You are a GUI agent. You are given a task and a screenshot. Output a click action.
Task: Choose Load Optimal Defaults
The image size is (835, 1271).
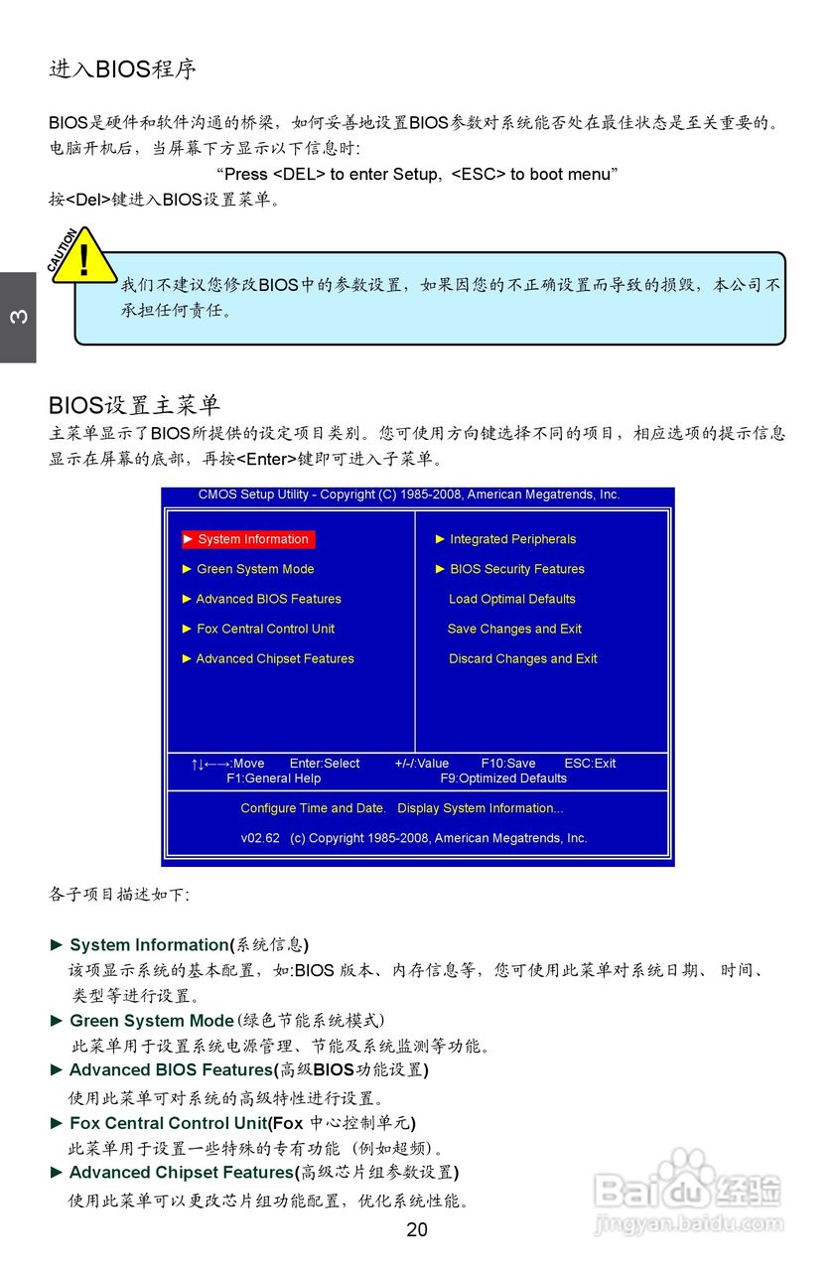tap(511, 599)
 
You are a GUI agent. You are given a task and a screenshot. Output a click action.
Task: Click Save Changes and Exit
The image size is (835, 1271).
tap(514, 629)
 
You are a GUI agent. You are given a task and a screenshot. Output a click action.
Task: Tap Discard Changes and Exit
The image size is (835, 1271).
tap(522, 658)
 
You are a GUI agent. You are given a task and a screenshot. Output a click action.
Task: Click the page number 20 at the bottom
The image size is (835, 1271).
tap(417, 1229)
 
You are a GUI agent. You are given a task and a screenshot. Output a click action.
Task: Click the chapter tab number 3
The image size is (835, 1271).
tap(18, 318)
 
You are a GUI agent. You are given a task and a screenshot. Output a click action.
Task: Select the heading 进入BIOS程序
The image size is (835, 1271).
tap(123, 69)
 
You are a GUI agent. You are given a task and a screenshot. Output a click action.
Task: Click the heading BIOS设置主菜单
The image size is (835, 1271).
tap(134, 405)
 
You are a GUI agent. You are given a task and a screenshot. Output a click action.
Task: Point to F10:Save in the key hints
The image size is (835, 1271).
tap(508, 764)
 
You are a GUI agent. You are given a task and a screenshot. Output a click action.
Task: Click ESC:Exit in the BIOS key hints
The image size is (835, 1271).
tap(590, 764)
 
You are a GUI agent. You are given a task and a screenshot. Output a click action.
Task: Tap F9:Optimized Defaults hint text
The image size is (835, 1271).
tap(503, 778)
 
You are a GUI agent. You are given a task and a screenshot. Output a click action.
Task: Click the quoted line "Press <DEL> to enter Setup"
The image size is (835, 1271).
tap(417, 174)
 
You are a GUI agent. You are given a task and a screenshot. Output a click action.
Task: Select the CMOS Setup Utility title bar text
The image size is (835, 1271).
tap(409, 494)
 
